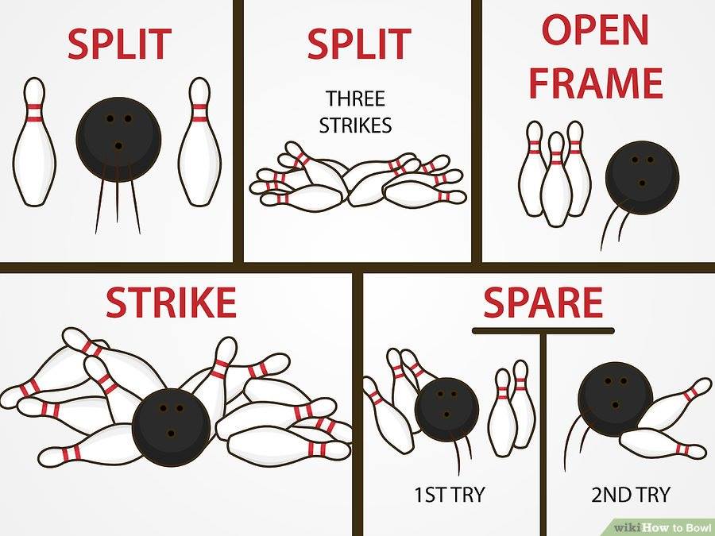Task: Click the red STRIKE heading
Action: [x=171, y=303]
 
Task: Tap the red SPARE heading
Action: [x=543, y=303]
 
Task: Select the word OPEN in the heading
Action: [x=595, y=29]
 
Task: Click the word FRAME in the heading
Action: [x=596, y=83]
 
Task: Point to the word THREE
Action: [x=355, y=98]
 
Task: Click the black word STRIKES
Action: [x=355, y=125]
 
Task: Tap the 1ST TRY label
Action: [x=449, y=495]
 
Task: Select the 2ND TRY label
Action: [x=631, y=495]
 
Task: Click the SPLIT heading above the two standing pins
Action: [x=119, y=44]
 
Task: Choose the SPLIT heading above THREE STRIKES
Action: [x=359, y=44]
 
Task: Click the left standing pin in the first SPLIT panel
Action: [x=34, y=141]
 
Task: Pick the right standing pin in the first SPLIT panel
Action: [x=199, y=141]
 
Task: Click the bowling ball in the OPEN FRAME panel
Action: [x=642, y=178]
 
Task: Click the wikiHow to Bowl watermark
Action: [x=661, y=528]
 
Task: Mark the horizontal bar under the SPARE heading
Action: [x=543, y=331]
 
